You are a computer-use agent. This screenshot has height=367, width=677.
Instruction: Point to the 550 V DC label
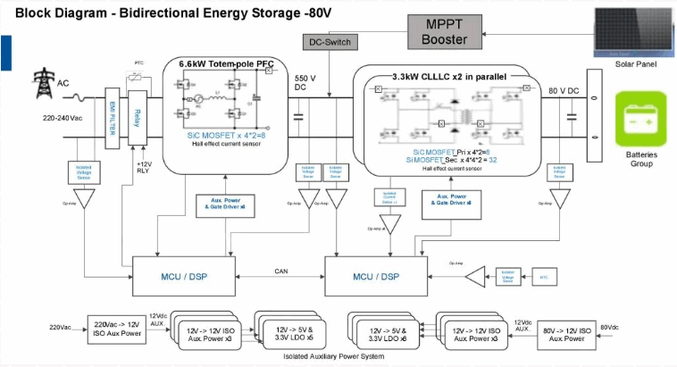click(302, 83)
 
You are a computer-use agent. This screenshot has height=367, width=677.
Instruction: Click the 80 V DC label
click(564, 91)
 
